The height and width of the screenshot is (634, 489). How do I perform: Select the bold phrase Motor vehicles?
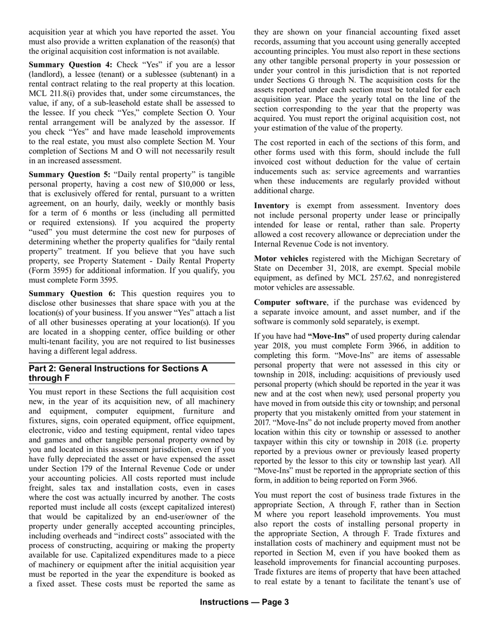tap(281, 259)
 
